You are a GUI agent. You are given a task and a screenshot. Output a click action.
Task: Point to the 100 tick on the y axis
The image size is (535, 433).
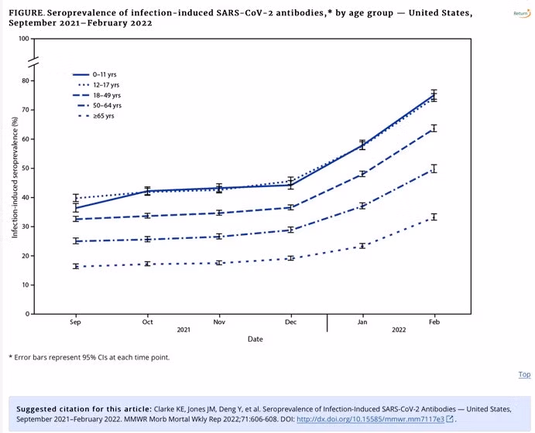pos(23,39)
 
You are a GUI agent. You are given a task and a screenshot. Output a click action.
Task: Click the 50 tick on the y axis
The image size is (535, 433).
pos(25,168)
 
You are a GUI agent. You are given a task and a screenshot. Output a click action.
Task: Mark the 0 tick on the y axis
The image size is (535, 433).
pos(27,314)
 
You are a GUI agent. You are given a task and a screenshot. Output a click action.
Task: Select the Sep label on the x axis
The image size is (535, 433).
pos(75,321)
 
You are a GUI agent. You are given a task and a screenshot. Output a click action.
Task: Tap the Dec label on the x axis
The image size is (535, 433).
pos(290,321)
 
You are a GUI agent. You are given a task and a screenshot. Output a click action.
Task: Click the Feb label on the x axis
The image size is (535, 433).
pos(434,321)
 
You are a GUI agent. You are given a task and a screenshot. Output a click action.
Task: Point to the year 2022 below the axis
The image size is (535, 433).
pos(398,330)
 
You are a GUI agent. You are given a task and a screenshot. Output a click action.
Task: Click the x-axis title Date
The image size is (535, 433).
pos(255,339)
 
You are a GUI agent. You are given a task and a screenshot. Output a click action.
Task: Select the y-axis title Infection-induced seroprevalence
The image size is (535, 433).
pos(14,176)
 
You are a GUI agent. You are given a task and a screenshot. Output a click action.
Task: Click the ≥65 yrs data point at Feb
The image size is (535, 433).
pos(434,217)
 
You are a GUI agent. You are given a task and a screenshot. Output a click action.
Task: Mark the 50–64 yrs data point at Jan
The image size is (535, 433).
pos(362,206)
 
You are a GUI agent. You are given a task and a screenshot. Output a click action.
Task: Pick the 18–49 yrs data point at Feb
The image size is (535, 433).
pos(434,128)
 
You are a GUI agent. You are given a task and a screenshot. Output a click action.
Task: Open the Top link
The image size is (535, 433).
pos(524,375)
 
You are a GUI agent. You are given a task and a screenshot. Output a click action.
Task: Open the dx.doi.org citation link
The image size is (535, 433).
pos(370,419)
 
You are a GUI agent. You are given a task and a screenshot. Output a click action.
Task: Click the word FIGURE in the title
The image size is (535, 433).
pos(26,13)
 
